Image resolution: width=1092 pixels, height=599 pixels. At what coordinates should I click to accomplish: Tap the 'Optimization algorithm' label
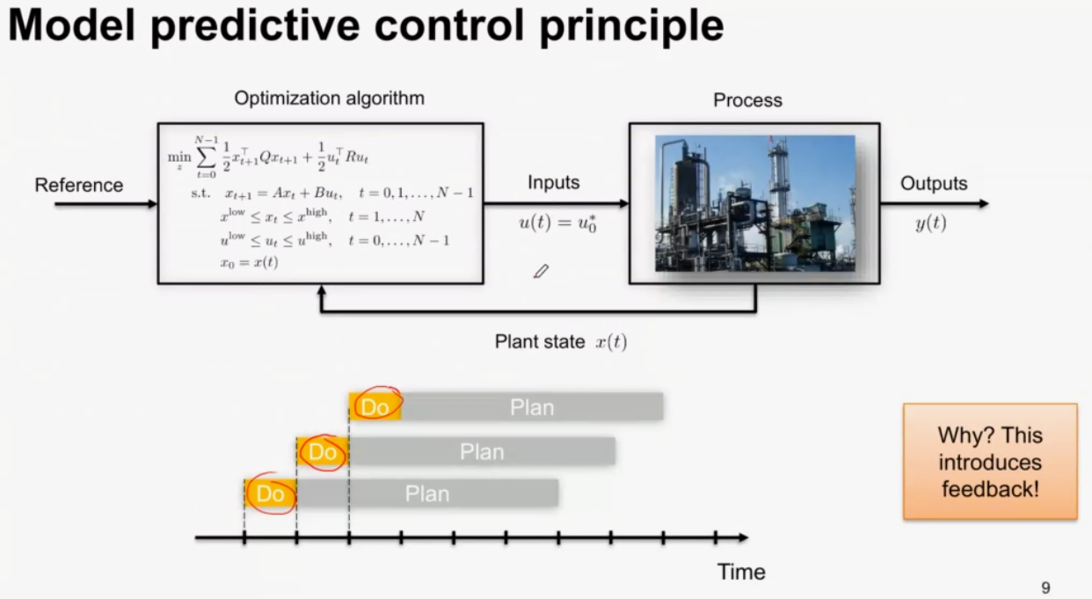pyautogui.click(x=330, y=99)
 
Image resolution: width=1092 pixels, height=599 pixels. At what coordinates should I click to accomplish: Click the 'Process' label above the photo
pyautogui.click(x=748, y=100)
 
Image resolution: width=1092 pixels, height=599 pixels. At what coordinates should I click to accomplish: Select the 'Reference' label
pyautogui.click(x=79, y=185)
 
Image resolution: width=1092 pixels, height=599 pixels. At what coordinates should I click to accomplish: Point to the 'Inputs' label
pyautogui.click(x=554, y=182)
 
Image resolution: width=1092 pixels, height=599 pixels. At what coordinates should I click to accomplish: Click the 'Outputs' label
pyautogui.click(x=934, y=184)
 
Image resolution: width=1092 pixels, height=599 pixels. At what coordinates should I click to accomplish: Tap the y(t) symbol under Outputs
pyautogui.click(x=931, y=223)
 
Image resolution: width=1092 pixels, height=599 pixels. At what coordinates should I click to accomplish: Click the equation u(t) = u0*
pyautogui.click(x=557, y=223)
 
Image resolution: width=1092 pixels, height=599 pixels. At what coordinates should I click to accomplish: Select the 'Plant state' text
pyautogui.click(x=540, y=341)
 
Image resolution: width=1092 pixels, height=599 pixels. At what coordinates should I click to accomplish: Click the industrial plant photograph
pyautogui.click(x=754, y=203)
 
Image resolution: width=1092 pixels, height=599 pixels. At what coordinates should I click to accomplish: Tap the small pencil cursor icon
pyautogui.click(x=541, y=271)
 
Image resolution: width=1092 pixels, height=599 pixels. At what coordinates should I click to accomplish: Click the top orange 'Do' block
pyautogui.click(x=375, y=406)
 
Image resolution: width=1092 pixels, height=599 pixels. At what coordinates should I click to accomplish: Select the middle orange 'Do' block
pyautogui.click(x=323, y=452)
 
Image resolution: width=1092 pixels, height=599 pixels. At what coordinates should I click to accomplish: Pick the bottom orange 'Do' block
pyautogui.click(x=270, y=493)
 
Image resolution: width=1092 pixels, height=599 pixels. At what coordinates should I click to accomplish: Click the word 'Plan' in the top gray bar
pyautogui.click(x=532, y=407)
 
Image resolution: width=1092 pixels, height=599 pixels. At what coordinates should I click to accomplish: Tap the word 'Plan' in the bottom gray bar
pyautogui.click(x=427, y=493)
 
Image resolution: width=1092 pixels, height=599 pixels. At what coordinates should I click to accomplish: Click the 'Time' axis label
pyautogui.click(x=741, y=572)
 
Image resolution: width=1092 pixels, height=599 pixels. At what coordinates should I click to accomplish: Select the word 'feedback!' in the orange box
pyautogui.click(x=990, y=489)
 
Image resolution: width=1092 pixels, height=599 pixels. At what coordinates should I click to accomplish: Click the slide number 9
pyautogui.click(x=1045, y=588)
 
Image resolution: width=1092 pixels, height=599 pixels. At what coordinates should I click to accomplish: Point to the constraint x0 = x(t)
pyautogui.click(x=249, y=263)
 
